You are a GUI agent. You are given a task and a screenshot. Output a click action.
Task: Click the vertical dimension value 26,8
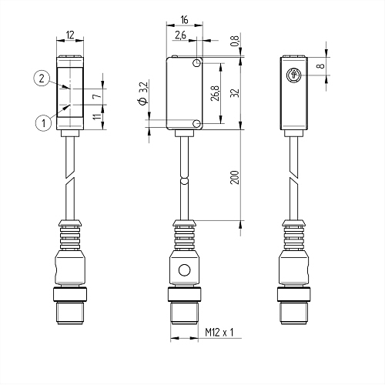click(215, 92)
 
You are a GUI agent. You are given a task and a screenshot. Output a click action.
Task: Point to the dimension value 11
click(96, 116)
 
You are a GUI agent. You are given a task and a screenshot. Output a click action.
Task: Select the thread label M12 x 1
click(220, 333)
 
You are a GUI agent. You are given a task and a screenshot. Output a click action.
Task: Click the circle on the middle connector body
click(184, 270)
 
